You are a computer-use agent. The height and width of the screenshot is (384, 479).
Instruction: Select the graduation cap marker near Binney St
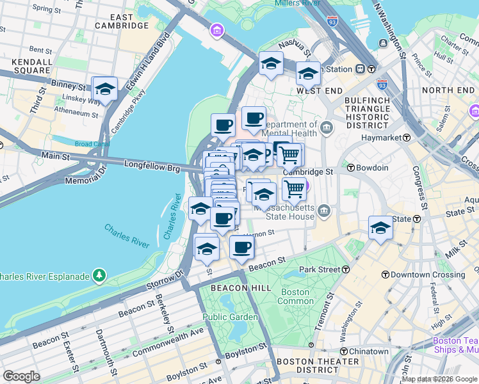click(x=105, y=90)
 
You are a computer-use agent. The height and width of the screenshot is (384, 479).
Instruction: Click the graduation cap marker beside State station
click(x=380, y=228)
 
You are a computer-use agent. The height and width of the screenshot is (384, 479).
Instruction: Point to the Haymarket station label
click(x=384, y=138)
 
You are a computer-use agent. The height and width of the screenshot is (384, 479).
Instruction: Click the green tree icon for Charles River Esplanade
click(x=99, y=276)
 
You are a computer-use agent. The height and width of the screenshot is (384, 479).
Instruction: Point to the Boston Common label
click(x=295, y=296)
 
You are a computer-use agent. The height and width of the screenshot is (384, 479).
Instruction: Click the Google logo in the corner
click(x=21, y=376)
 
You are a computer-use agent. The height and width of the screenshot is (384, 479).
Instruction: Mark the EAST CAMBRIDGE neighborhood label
click(x=121, y=21)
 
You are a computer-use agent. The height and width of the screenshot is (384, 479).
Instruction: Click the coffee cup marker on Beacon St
click(x=241, y=247)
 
